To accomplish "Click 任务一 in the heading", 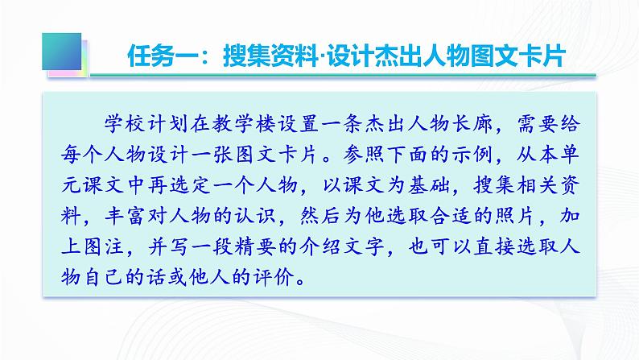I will click(162, 57).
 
